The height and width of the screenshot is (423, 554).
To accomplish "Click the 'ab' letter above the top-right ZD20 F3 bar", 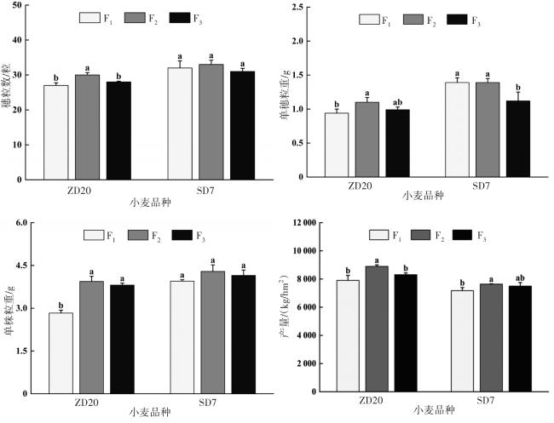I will (x=398, y=101).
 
